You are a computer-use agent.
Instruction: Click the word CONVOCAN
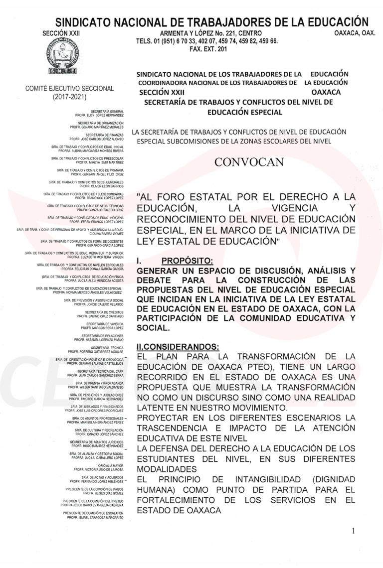coord(249,161)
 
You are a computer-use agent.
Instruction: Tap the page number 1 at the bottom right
coord(353,531)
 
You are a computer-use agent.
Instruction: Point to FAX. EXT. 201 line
coord(208,49)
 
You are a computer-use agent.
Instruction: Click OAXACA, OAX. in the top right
coord(354,32)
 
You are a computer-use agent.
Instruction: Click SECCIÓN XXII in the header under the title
coord(62,32)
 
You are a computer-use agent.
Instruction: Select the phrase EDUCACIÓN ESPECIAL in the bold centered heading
coord(244,112)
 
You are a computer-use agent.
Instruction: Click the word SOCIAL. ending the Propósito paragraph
coord(153,329)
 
